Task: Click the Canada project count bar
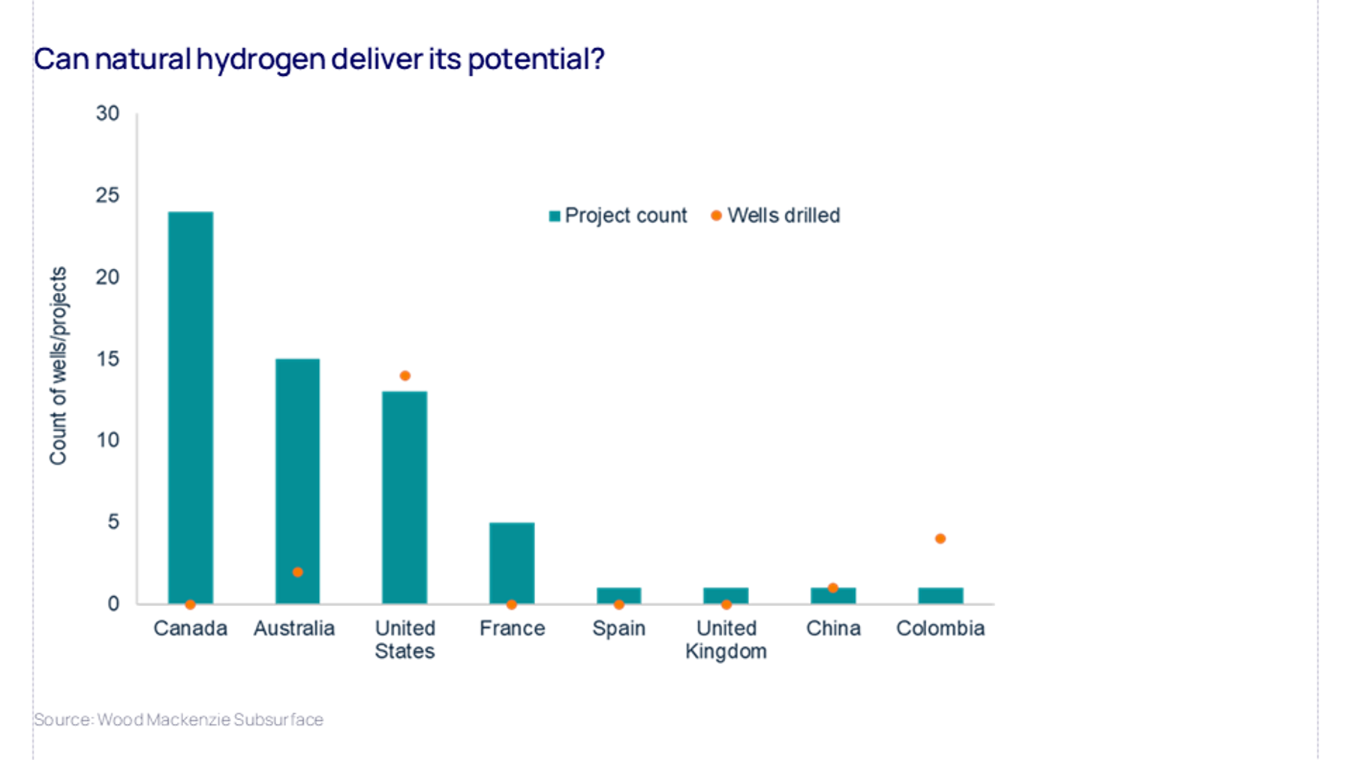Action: [191, 406]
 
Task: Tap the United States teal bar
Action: [405, 496]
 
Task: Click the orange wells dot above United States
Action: [405, 375]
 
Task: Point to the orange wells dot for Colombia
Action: [940, 538]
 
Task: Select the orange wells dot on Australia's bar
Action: [298, 572]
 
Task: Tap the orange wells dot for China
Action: [833, 588]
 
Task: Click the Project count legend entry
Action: [618, 216]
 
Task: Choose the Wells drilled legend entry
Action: [776, 216]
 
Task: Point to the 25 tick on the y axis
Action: [107, 195]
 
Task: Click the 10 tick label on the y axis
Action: [107, 440]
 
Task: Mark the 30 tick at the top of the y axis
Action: [107, 113]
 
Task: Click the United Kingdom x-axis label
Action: [726, 639]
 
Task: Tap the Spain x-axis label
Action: [618, 629]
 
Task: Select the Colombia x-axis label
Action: [940, 629]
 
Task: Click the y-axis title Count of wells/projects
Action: [59, 366]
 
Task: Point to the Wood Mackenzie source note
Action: [179, 719]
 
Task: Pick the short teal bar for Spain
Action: [619, 596]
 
